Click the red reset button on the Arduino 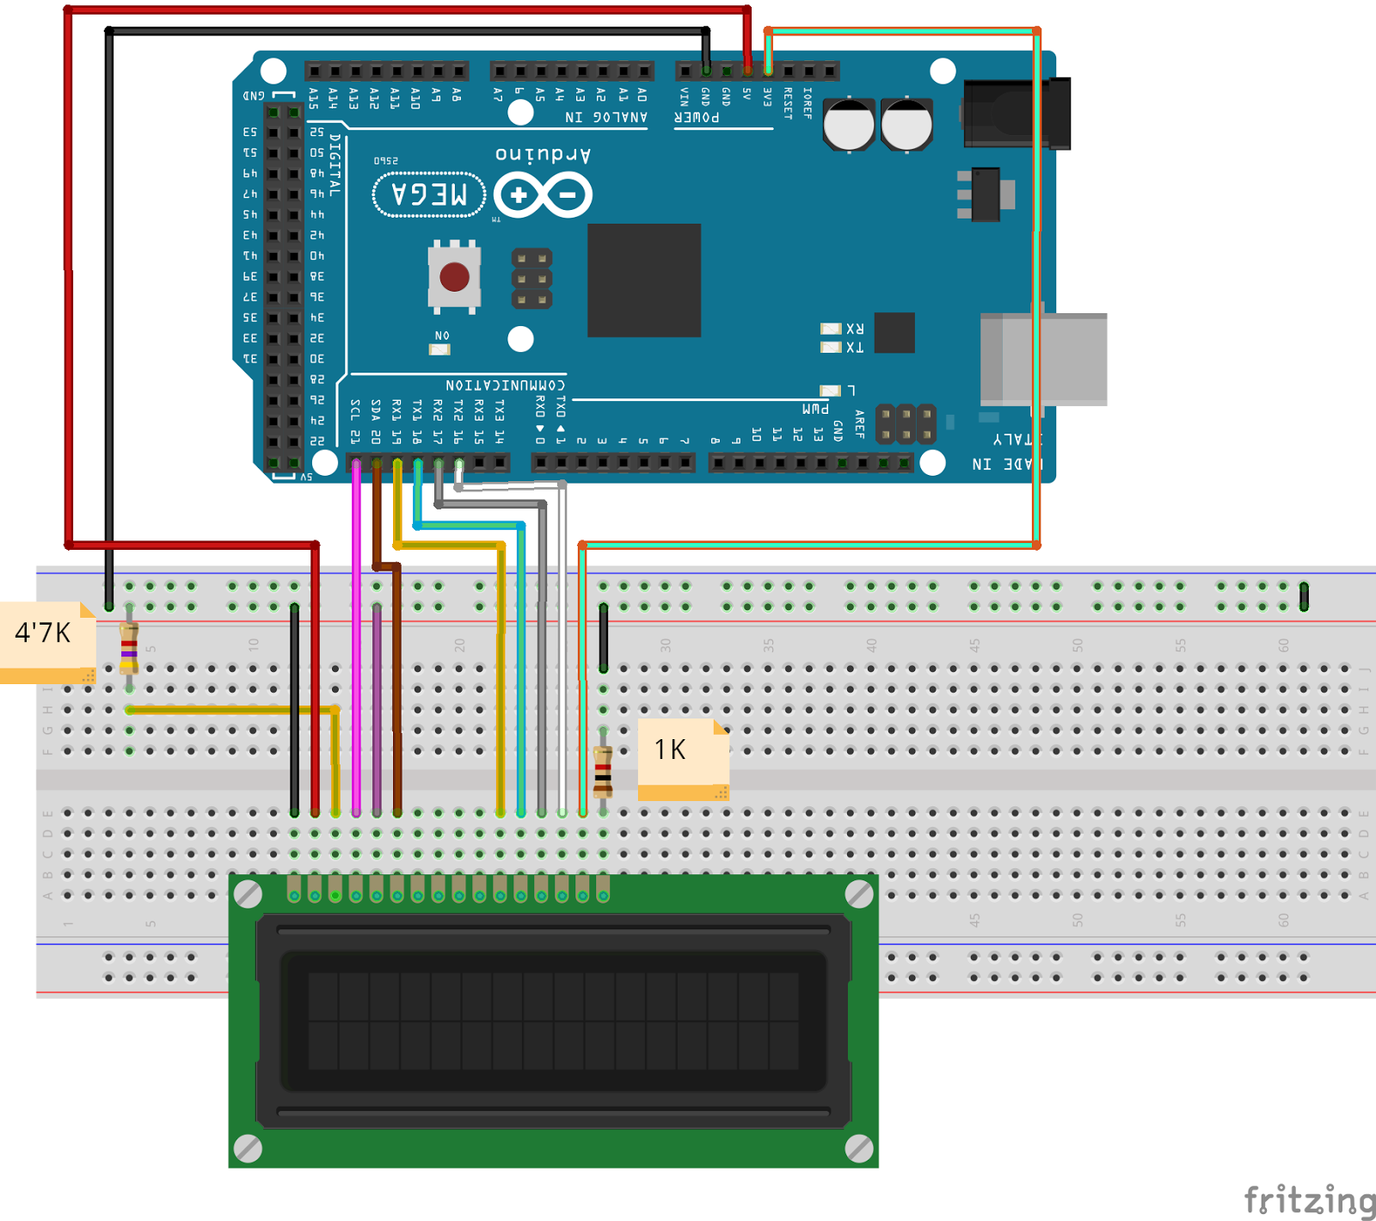(x=454, y=277)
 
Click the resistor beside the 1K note (x=603, y=771)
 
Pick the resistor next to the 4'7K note (x=129, y=647)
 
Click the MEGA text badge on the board (x=428, y=194)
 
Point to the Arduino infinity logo (x=543, y=195)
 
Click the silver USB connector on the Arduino (x=1043, y=359)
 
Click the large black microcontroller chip (x=643, y=281)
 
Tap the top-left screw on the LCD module (x=249, y=894)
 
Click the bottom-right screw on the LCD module (x=858, y=1148)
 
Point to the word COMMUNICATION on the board (x=505, y=385)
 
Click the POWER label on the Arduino (x=697, y=117)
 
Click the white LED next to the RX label (x=830, y=329)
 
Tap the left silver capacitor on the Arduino (x=849, y=125)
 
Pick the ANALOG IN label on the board (x=605, y=117)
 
